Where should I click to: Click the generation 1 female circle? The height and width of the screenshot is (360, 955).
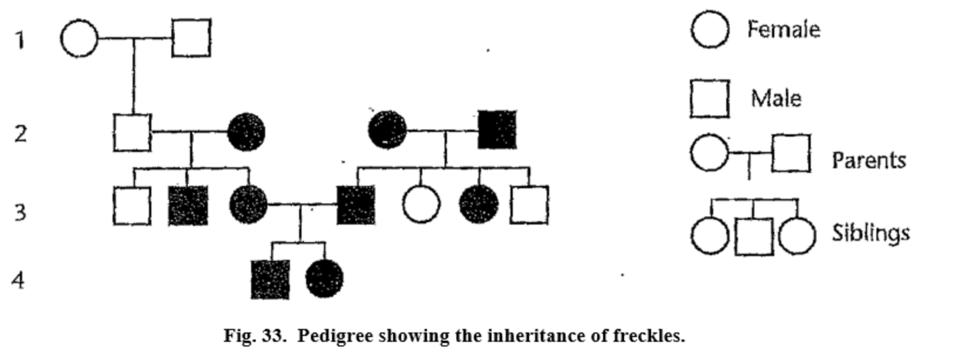(x=79, y=39)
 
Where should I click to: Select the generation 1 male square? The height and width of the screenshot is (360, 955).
(x=191, y=38)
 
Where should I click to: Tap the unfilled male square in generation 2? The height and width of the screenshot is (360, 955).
(x=132, y=133)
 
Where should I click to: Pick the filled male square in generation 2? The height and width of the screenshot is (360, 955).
(x=497, y=130)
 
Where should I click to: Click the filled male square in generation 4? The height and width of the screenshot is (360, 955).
(x=270, y=280)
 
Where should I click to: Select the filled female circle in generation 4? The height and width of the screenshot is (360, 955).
(x=324, y=279)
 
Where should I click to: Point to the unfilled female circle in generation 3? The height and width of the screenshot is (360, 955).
(x=421, y=205)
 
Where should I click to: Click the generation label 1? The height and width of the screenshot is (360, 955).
(x=21, y=40)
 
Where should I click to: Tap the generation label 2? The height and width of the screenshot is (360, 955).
(x=21, y=134)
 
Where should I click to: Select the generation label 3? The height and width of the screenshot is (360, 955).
(x=21, y=212)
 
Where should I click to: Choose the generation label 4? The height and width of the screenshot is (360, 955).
(x=19, y=280)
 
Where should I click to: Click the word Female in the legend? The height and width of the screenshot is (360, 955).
(x=783, y=29)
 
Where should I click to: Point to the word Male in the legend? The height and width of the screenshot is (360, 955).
(x=775, y=98)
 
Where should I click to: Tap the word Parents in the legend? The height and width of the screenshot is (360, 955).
(x=869, y=160)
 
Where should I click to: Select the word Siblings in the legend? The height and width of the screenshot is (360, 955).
(x=871, y=233)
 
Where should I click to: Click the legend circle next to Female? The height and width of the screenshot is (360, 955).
(x=710, y=29)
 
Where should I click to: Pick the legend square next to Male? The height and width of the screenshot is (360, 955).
(x=710, y=99)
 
